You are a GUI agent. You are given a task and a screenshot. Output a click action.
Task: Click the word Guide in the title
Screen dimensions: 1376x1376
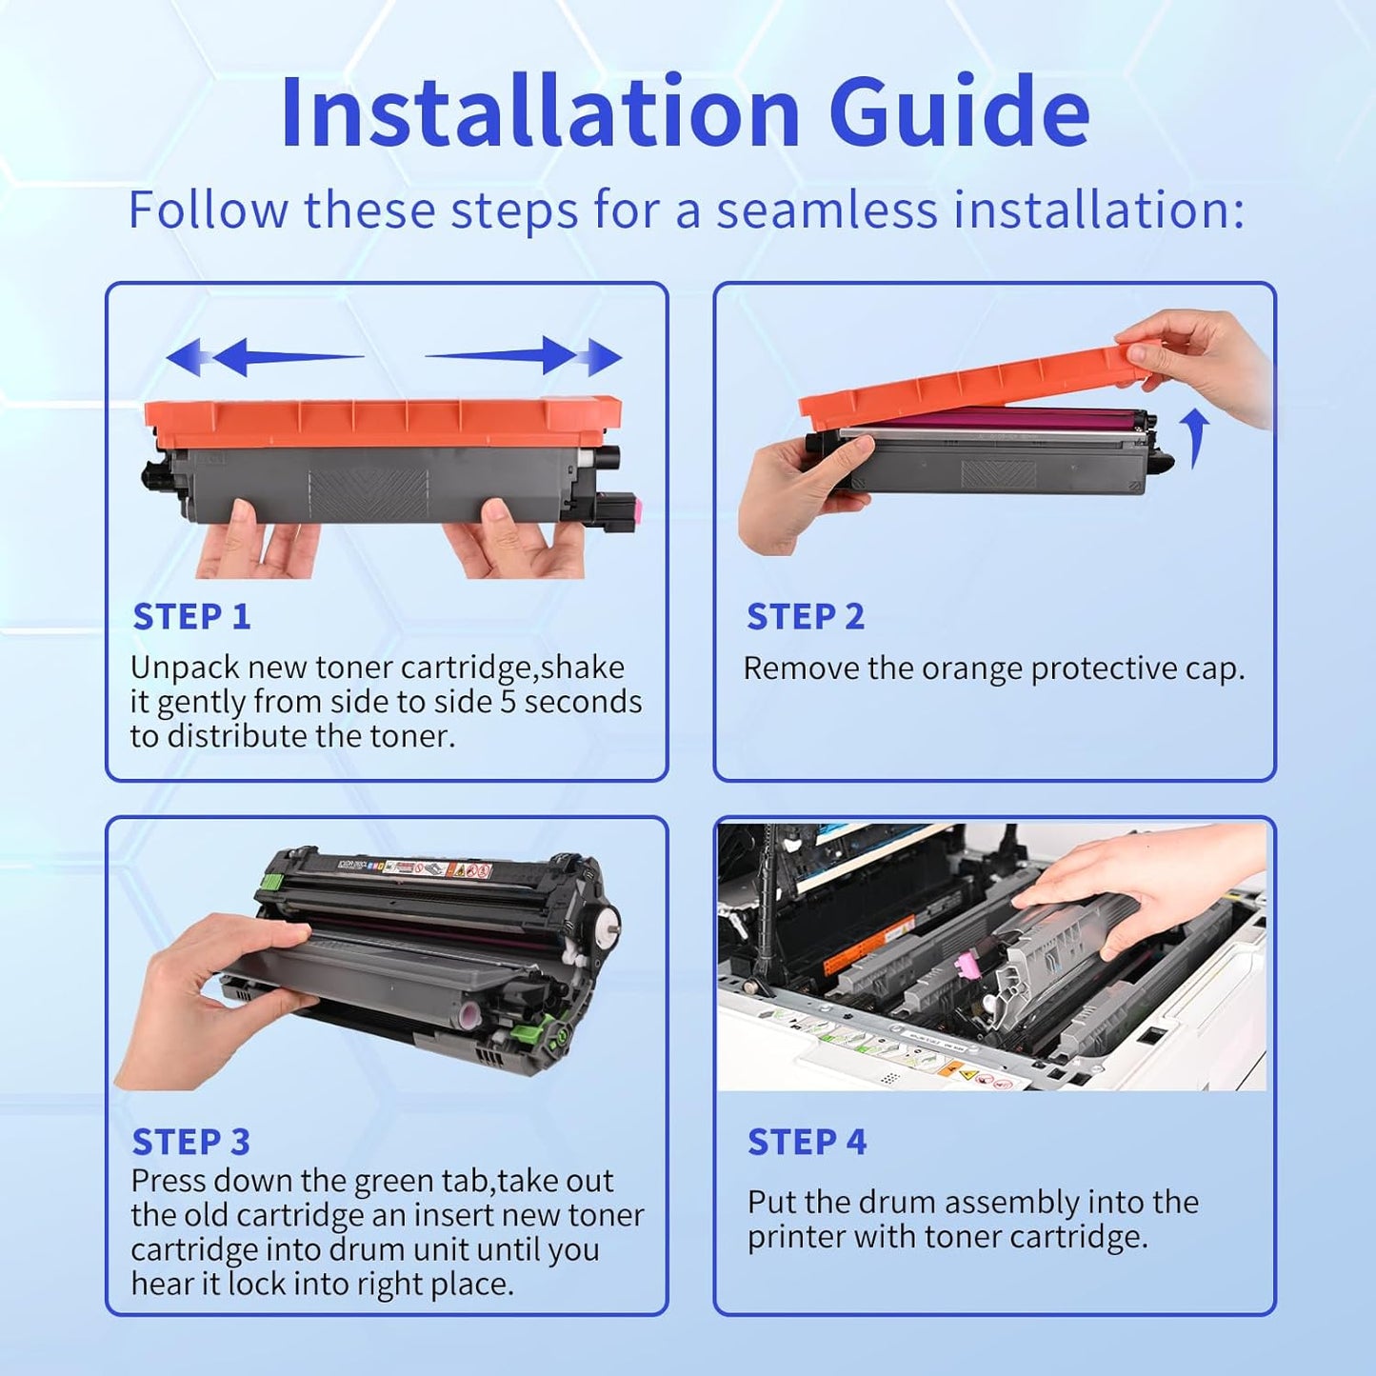[x=959, y=112]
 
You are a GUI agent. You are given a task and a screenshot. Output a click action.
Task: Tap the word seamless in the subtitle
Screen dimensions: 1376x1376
[x=827, y=209]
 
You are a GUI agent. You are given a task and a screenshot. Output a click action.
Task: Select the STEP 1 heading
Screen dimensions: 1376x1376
[x=191, y=617]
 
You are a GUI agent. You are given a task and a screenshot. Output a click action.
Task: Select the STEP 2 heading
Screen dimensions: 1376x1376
[x=806, y=617]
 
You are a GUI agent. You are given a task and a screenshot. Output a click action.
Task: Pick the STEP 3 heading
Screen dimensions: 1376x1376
[x=190, y=1142]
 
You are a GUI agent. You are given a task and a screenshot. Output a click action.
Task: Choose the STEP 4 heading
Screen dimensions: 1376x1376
[x=807, y=1142]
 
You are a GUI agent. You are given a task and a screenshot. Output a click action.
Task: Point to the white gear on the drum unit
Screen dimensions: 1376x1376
[x=604, y=925]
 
